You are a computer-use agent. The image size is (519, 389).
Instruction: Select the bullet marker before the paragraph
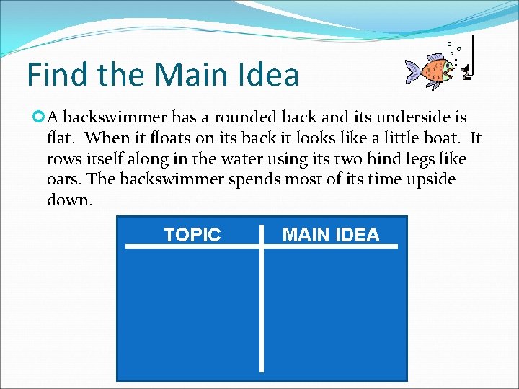click(x=39, y=117)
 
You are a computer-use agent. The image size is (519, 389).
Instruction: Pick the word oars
click(x=63, y=179)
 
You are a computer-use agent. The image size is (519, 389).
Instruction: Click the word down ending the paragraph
click(x=68, y=200)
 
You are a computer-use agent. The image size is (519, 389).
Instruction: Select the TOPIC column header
click(x=192, y=235)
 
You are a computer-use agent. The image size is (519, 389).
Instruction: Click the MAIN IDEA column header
click(x=331, y=235)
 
